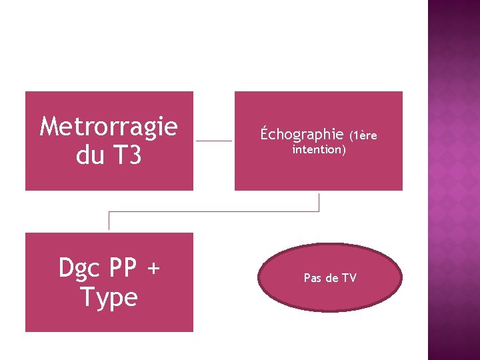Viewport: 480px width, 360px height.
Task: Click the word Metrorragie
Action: pos(109,125)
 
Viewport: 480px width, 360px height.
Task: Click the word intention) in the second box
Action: pos(319,150)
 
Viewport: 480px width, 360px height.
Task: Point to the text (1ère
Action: pos(363,136)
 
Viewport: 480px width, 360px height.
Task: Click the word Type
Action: pos(109,297)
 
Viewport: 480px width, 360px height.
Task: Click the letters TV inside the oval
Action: pos(349,277)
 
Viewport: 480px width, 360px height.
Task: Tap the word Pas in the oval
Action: pos(313,277)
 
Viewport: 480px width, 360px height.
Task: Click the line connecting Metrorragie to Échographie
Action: pos(213,141)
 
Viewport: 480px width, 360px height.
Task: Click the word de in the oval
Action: pos(332,277)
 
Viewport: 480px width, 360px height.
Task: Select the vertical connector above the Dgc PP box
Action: pos(109,221)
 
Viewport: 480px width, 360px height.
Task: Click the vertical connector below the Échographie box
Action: pos(319,201)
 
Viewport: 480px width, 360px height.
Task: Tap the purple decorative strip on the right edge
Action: pos(453,180)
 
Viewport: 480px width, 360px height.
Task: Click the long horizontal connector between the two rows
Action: pos(213,211)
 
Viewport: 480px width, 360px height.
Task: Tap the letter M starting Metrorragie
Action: pos(49,125)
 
